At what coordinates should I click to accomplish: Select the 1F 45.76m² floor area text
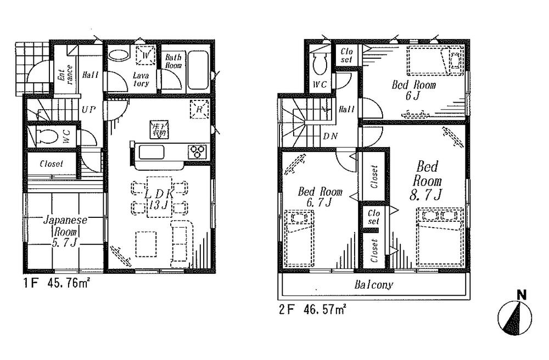pos(57,284)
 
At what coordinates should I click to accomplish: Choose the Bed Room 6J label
pos(413,91)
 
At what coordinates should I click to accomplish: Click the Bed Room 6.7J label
pos(320,198)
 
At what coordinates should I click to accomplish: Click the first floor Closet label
pos(51,164)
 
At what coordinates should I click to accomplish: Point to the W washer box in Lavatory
pos(146,56)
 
